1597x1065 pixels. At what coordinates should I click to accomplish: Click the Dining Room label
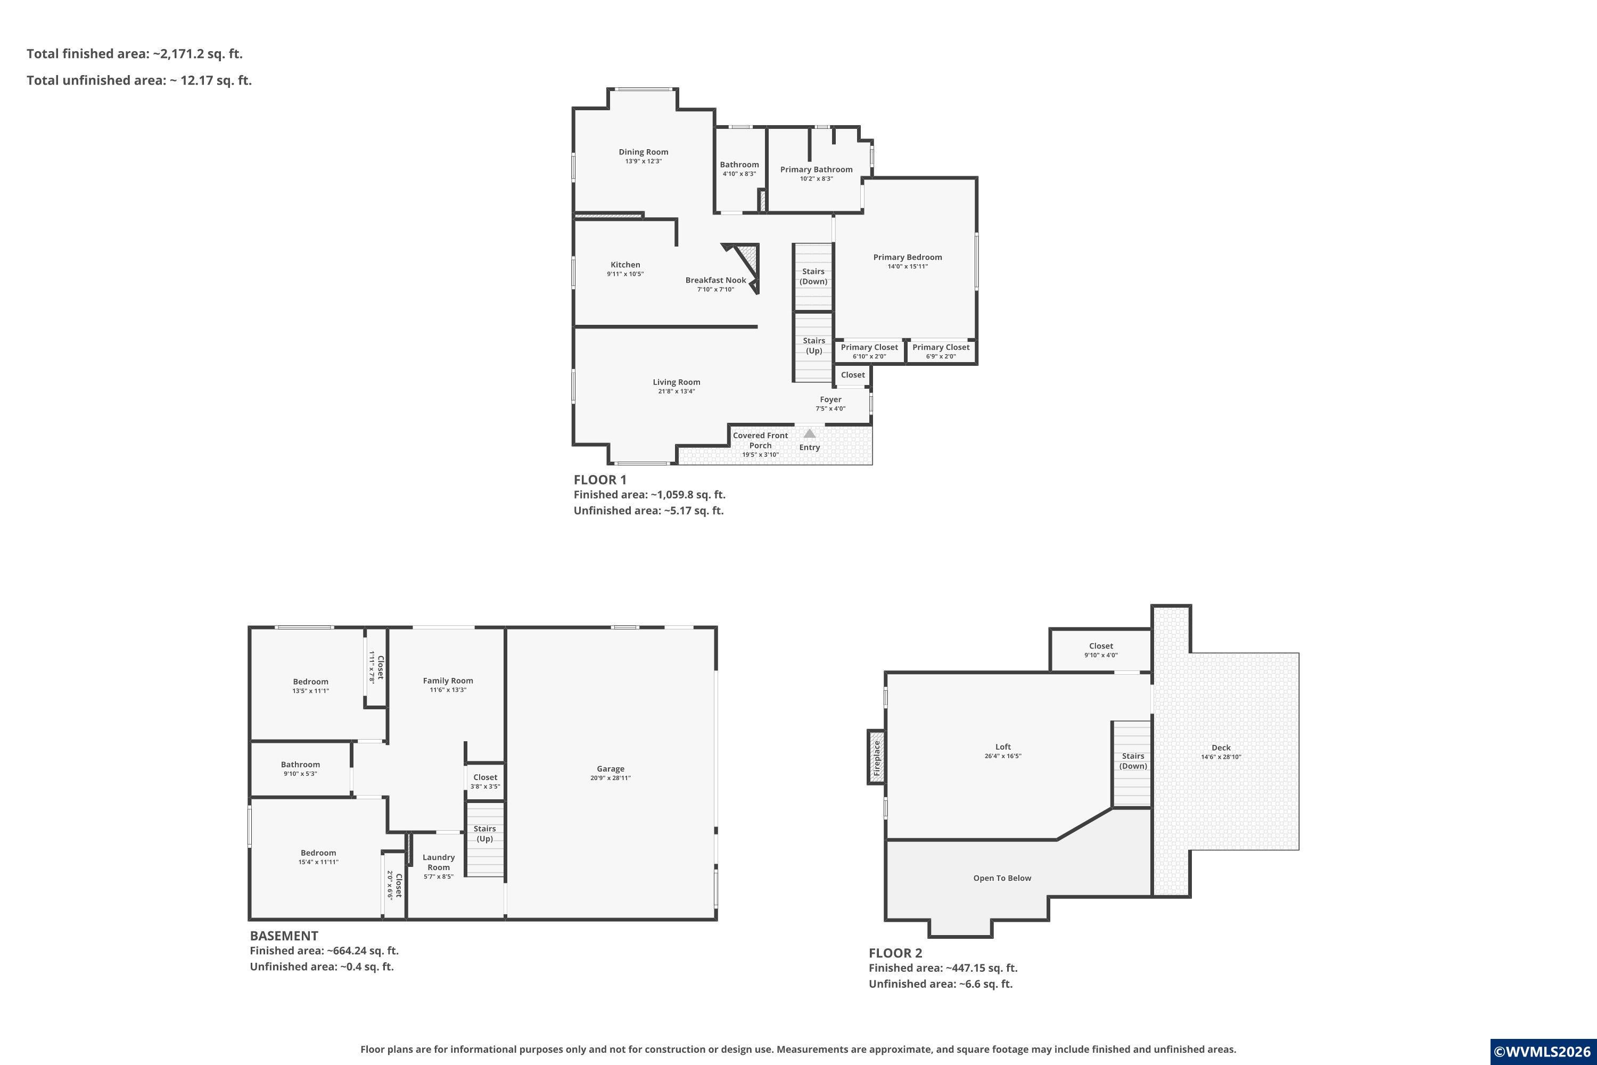pos(643,152)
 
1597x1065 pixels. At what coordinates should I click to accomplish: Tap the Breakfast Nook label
pos(715,280)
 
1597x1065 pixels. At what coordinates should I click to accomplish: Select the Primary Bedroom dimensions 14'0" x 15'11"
pos(908,266)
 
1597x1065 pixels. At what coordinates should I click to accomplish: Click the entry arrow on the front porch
pos(809,432)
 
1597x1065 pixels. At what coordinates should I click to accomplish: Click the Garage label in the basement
pos(611,769)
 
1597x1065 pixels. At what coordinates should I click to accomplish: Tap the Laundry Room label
pos(439,862)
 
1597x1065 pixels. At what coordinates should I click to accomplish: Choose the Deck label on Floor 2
pos(1221,748)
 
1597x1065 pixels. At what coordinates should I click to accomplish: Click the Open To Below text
pos(1002,878)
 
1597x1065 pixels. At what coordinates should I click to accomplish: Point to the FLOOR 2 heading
pos(895,953)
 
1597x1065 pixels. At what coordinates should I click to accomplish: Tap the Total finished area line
pos(135,54)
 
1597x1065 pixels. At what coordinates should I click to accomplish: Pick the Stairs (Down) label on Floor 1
pos(813,276)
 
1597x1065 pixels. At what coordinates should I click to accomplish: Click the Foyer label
pos(830,399)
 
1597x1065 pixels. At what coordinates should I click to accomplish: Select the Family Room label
pos(448,681)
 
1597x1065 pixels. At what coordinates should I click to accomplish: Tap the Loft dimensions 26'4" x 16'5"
pos(1003,756)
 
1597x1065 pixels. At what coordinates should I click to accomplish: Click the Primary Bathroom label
pos(816,170)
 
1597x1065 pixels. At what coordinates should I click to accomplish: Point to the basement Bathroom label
pos(300,765)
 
